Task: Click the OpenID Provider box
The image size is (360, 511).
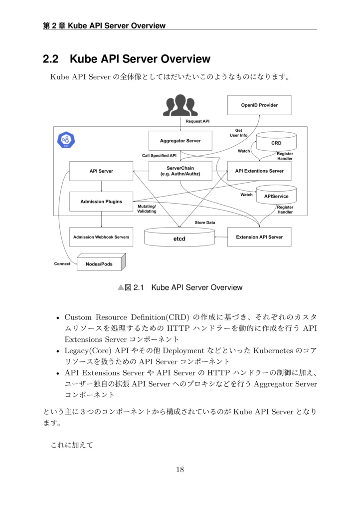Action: (x=259, y=105)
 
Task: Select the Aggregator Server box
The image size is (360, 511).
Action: (x=180, y=141)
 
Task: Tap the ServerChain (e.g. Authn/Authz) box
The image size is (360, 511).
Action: (x=180, y=171)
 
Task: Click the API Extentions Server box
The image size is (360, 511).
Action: (x=259, y=171)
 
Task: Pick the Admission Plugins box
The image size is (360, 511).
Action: (x=101, y=202)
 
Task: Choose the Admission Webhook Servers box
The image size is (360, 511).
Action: (x=101, y=237)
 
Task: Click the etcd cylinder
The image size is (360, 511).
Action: (x=180, y=238)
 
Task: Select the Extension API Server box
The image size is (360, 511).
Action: (x=259, y=237)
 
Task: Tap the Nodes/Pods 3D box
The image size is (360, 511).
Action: (x=100, y=263)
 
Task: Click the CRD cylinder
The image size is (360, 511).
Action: (x=276, y=143)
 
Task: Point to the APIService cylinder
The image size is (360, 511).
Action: (x=276, y=196)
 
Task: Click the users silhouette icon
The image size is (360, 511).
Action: (x=180, y=105)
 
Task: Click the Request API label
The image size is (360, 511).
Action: (x=197, y=121)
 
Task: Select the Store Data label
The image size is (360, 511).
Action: (x=205, y=223)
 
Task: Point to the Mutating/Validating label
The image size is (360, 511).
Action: (x=147, y=209)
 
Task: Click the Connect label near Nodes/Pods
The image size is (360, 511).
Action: (x=62, y=263)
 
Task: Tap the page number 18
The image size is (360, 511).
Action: (x=180, y=470)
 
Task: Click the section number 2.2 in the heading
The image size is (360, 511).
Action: (x=51, y=59)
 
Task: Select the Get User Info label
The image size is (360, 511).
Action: (x=238, y=133)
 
